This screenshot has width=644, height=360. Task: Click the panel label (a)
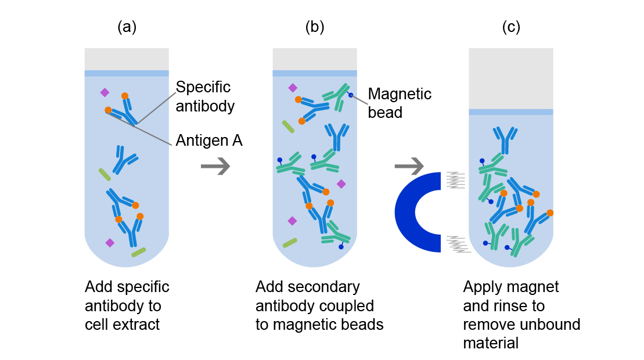click(x=127, y=27)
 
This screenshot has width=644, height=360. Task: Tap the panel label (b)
click(x=314, y=27)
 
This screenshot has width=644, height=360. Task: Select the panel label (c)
click(x=510, y=27)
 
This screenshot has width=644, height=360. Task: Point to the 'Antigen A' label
click(x=209, y=140)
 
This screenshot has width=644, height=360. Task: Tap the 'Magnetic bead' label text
click(x=400, y=103)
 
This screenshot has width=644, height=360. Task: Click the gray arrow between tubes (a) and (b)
click(x=215, y=167)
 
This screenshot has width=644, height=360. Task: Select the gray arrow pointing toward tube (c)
click(x=409, y=167)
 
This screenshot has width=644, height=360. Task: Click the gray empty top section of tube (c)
click(x=510, y=78)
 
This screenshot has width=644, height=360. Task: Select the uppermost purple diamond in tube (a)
click(x=105, y=92)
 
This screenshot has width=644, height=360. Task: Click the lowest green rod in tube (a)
click(x=139, y=252)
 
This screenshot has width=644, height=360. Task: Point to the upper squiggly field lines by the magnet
click(x=456, y=180)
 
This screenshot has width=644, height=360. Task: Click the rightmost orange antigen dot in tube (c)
click(x=549, y=213)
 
